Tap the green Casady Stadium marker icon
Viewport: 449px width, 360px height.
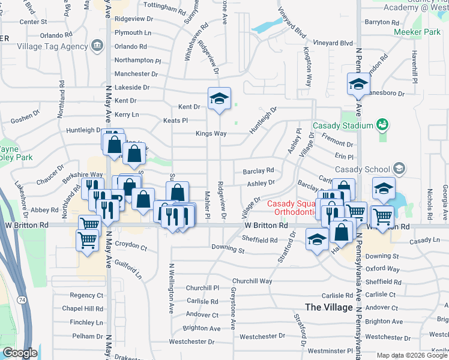(x=381, y=125)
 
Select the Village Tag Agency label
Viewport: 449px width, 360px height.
(x=53, y=46)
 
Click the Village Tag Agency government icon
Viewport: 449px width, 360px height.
(x=96, y=46)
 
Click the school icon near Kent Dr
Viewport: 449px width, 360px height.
(x=219, y=98)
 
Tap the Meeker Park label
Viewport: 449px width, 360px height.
(x=415, y=32)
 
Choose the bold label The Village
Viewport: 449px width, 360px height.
(x=329, y=307)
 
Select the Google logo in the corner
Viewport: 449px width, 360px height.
(x=19, y=353)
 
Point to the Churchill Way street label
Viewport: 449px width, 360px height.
(x=252, y=281)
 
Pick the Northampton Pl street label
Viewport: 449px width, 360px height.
(x=138, y=61)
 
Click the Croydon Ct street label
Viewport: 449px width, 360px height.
(x=131, y=246)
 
